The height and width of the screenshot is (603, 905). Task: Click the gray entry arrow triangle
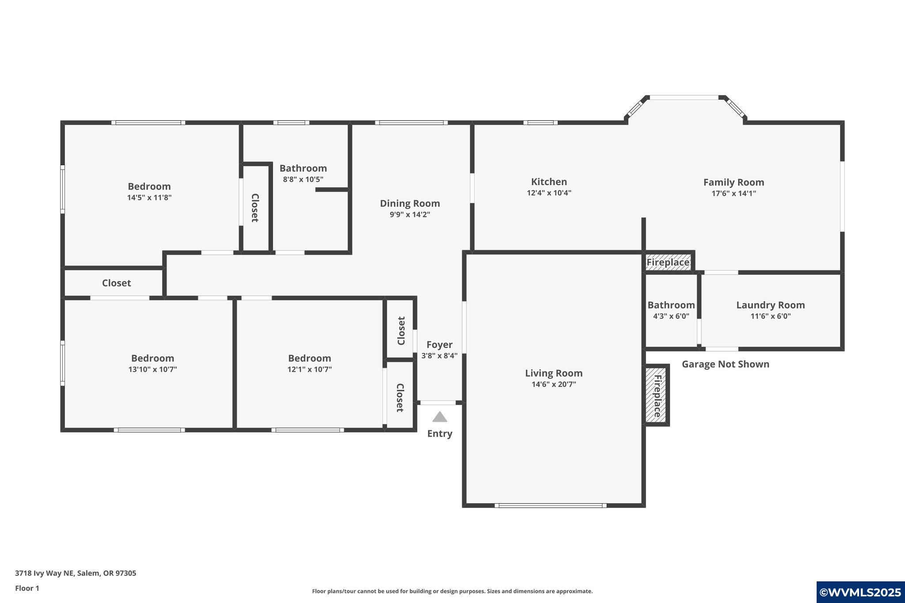pyautogui.click(x=439, y=417)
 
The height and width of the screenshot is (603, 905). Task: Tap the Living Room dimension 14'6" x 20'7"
pyautogui.click(x=554, y=384)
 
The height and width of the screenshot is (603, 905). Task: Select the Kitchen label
pyautogui.click(x=549, y=182)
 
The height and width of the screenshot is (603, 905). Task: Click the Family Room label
pyautogui.click(x=734, y=182)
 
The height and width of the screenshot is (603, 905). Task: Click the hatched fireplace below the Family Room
pyautogui.click(x=668, y=262)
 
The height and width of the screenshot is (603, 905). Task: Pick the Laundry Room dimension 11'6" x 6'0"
pyautogui.click(x=770, y=316)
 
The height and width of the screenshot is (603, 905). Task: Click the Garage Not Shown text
pyautogui.click(x=725, y=364)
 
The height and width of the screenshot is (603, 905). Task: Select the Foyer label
pyautogui.click(x=439, y=345)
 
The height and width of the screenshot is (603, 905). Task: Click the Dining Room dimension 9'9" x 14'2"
pyautogui.click(x=410, y=215)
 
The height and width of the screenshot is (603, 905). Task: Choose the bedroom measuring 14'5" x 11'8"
pyautogui.click(x=149, y=192)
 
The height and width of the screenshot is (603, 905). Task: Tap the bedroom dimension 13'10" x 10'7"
pyautogui.click(x=152, y=369)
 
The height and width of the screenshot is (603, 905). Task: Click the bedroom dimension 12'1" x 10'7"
pyautogui.click(x=309, y=369)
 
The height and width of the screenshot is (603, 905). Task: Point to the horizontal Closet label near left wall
pyautogui.click(x=116, y=283)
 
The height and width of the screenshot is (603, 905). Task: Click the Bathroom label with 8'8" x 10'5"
pyautogui.click(x=303, y=168)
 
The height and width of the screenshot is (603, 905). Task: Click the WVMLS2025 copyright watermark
pyautogui.click(x=860, y=592)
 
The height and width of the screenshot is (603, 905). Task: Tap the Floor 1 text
pyautogui.click(x=27, y=588)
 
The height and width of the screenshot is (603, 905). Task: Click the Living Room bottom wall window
pyautogui.click(x=550, y=505)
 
